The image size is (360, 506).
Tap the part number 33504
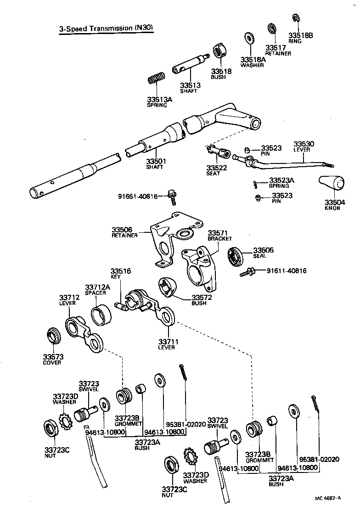[335, 202]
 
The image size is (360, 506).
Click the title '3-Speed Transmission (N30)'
[106, 28]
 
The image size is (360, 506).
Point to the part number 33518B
[300, 35]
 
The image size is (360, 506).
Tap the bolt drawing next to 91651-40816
[172, 197]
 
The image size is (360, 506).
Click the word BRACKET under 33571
[219, 239]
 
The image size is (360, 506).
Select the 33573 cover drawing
[54, 336]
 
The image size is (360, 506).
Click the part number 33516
[121, 271]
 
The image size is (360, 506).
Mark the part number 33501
[156, 161]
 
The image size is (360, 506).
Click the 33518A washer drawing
[250, 37]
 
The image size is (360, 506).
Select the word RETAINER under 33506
[124, 236]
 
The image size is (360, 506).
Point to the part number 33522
[216, 168]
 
